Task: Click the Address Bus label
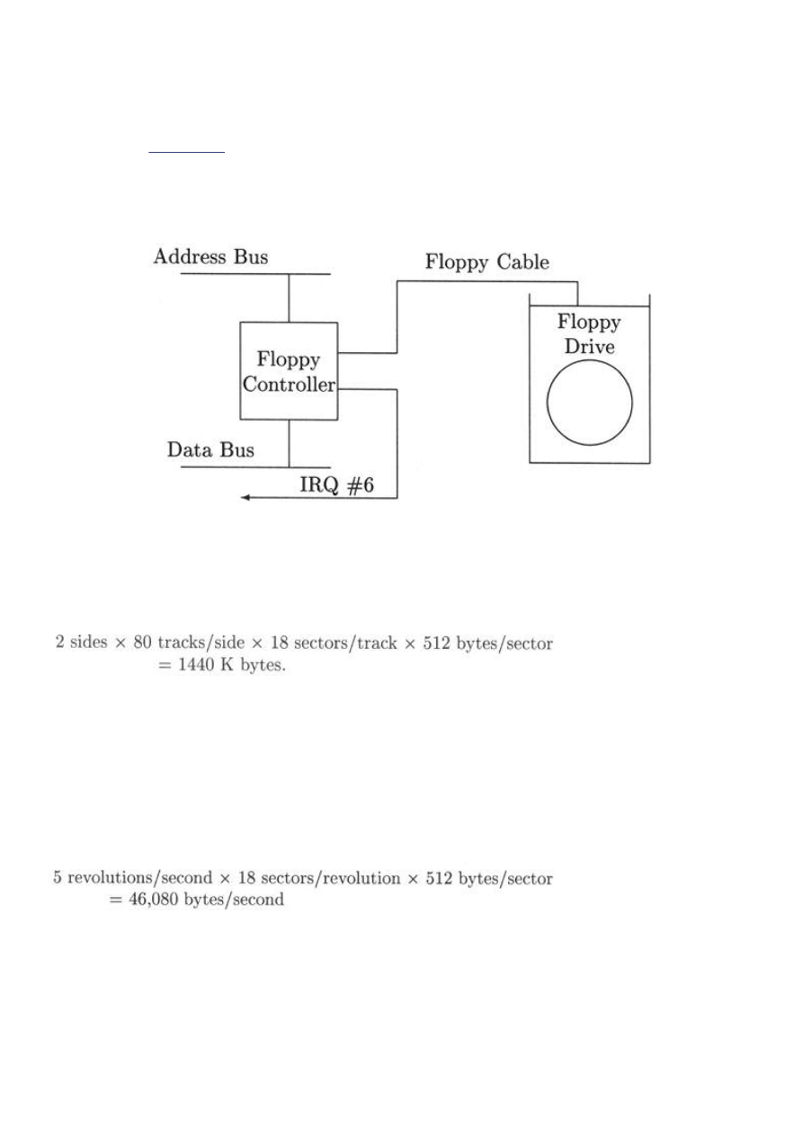pos(210,257)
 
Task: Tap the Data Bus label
pos(210,449)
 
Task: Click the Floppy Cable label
pos(486,262)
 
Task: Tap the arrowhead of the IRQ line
pos(245,498)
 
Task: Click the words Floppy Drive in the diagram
pos(590,333)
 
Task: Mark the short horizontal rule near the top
pos(186,153)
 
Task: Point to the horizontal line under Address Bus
pos(255,272)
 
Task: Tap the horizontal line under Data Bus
pos(255,467)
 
